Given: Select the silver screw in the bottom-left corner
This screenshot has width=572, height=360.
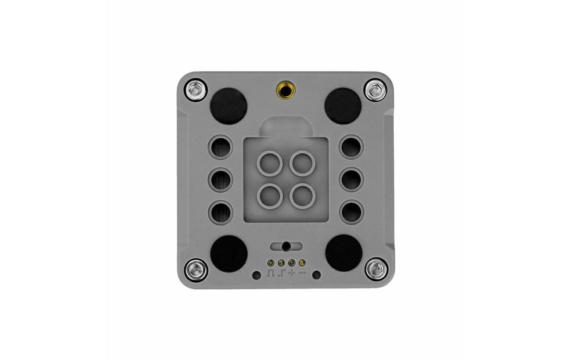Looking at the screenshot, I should point(196,270).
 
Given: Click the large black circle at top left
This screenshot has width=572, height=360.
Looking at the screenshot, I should point(229,106).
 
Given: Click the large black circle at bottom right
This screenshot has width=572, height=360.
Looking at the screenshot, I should point(343,252).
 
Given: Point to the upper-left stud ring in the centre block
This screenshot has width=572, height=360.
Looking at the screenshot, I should point(269,163).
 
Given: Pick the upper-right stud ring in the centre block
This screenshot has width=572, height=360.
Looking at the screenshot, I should point(302,163).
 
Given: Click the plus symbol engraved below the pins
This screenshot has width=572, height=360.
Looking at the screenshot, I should point(292,273).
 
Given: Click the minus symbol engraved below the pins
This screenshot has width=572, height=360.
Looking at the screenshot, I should point(302,273).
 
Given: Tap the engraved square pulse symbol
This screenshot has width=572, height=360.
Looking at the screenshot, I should point(270,273).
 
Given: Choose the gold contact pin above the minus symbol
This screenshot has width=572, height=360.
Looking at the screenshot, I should point(302,262).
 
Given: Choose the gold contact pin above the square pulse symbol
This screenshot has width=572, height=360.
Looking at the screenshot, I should point(270,262).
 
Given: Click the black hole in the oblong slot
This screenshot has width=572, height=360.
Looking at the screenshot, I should point(286,246).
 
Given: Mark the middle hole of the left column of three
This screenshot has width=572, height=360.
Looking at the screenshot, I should point(221,180).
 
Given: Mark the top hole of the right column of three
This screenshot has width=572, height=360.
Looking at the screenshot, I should point(351,147).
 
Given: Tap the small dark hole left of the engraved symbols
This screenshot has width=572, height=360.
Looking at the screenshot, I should point(256,275).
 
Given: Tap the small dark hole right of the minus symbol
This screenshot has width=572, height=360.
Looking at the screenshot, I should point(316,275).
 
